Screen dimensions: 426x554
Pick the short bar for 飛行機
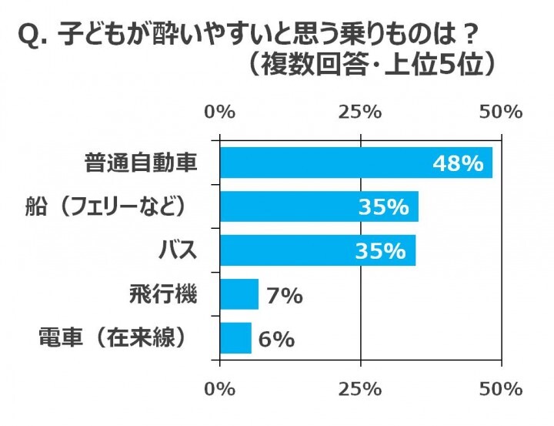239,294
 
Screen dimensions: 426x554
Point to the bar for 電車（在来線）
235,338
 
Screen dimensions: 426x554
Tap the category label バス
179,250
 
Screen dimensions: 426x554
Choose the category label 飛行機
163,294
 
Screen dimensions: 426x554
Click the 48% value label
458,163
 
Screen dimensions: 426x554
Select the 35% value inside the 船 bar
382,207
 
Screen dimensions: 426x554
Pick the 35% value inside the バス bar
379,251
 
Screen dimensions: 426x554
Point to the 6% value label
276,339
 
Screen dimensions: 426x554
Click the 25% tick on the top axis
361,111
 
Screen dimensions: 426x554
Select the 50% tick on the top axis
501,111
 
